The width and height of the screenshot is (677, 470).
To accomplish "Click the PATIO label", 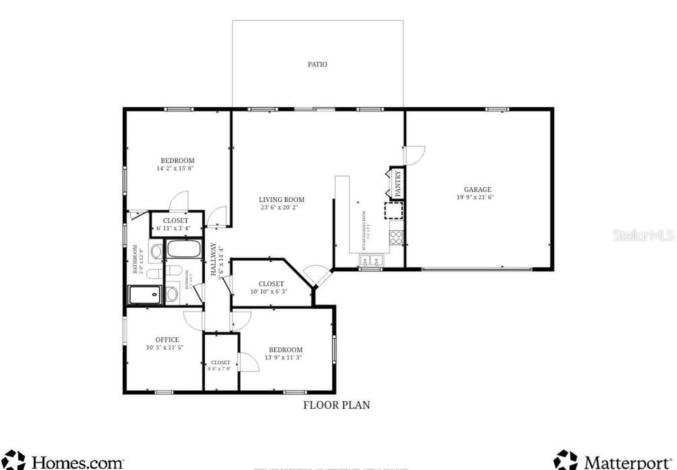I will point(317,64).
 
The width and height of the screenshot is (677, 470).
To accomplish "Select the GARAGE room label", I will point(478,189).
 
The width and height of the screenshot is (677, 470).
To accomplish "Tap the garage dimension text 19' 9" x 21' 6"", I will point(478,197).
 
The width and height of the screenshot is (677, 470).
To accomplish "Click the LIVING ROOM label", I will point(281,200).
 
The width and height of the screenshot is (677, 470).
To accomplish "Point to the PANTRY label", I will point(398,182).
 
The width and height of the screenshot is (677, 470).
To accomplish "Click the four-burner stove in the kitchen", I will point(396,238).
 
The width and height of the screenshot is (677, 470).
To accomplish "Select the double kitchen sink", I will point(371,260).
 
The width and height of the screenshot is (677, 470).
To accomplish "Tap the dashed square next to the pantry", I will point(394,210).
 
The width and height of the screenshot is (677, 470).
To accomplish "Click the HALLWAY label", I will point(214,259).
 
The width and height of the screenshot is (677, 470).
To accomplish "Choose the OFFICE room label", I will point(167,339).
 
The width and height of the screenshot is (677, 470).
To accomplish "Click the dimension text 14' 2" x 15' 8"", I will point(177,168).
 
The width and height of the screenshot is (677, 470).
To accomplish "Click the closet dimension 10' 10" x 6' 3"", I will point(271,291).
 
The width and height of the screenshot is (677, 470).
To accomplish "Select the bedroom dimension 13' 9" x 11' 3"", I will point(286,357).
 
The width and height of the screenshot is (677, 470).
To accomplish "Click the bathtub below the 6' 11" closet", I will point(184,249).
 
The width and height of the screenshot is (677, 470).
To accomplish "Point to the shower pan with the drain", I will point(144,294).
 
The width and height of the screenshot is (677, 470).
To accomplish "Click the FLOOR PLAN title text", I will point(336,405).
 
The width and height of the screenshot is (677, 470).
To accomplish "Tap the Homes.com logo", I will point(63,461).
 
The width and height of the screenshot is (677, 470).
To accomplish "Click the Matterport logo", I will point(614,461).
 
